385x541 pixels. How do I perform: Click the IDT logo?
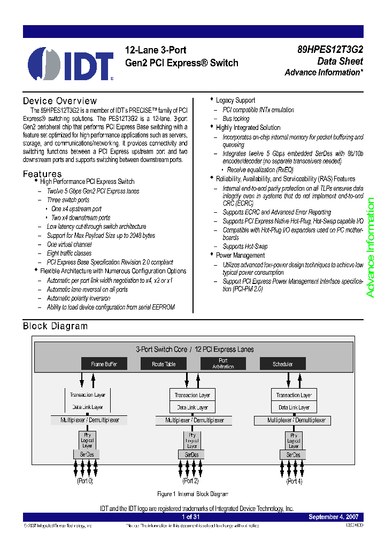pos(71,64)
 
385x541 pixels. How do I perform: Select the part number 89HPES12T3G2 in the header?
pos(330,50)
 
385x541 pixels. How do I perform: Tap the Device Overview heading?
pos(60,101)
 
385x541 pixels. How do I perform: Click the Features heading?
pos(42,174)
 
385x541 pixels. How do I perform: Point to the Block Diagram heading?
pos(55,326)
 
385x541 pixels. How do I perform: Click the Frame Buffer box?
pos(104,364)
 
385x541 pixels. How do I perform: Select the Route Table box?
pos(164,364)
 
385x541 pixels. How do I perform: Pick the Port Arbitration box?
pos(223,364)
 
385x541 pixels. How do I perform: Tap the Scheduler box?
pos(282,364)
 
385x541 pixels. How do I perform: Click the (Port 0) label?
pos(84,481)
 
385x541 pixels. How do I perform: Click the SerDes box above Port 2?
pos(191,455)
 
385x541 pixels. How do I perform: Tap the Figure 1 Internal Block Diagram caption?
pos(192,494)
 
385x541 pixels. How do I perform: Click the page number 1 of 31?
pos(191,517)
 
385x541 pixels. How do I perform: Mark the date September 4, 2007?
pos(334,517)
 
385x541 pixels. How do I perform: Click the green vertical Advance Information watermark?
pos(371,248)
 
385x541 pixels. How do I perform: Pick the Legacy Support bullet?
pos(235,101)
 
